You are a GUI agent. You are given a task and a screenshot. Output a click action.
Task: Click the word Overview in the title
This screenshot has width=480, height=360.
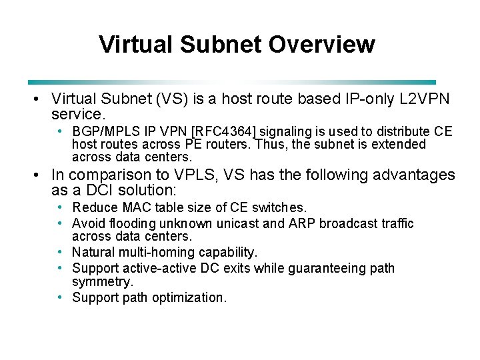point(322,45)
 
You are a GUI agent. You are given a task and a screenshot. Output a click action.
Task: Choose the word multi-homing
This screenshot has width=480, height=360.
point(161,253)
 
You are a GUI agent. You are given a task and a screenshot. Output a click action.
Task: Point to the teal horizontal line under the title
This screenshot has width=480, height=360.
point(233,82)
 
